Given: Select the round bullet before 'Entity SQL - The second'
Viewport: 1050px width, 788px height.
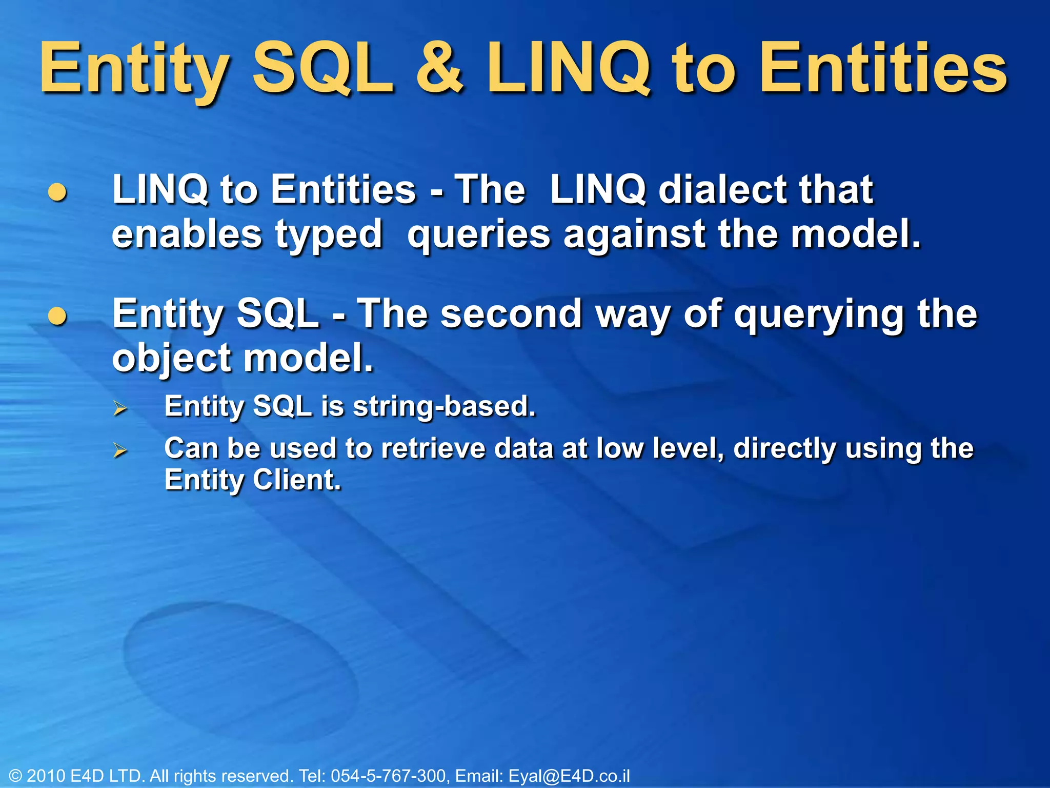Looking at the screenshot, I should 57,316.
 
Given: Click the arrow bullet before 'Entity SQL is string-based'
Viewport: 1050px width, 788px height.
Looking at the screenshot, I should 120,408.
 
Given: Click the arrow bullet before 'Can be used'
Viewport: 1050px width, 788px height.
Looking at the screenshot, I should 120,450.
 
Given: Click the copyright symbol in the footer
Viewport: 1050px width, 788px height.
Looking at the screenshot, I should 15,776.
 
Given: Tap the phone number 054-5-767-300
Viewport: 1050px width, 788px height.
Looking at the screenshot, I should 388,776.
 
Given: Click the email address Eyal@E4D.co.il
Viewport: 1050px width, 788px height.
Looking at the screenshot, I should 569,776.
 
